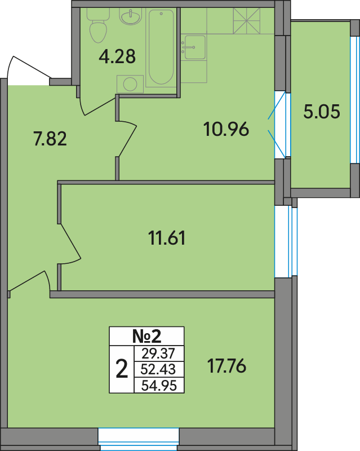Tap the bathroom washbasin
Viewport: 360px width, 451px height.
click(131, 17)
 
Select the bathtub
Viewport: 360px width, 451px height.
click(161, 47)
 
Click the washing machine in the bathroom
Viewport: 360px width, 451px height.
click(130, 84)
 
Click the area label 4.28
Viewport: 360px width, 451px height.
click(117, 57)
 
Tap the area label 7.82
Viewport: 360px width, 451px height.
click(50, 138)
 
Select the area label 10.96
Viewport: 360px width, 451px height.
click(226, 129)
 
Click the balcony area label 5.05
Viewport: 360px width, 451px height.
click(322, 111)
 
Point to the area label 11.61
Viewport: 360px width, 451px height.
click(167, 238)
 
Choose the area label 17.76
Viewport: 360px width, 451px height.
click(227, 366)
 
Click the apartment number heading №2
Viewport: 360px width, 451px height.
click(146, 336)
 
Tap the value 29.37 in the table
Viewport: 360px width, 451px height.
click(158, 353)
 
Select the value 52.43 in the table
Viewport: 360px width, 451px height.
click(158, 369)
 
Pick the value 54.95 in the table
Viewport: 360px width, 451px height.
click(159, 385)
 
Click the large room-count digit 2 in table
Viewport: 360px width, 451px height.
click(122, 369)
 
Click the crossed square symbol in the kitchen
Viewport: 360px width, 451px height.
click(247, 21)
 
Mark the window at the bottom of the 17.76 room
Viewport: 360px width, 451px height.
click(139, 439)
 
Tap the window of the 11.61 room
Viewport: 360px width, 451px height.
click(286, 241)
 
